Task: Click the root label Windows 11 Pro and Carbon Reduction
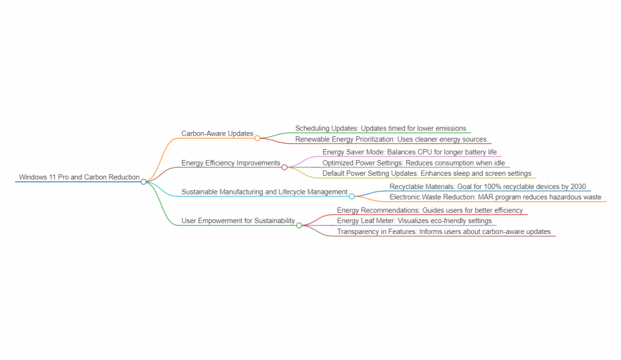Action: (x=79, y=177)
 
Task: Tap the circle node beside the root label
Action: (x=144, y=181)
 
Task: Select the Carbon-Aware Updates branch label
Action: (x=217, y=133)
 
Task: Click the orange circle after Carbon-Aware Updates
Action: (x=257, y=138)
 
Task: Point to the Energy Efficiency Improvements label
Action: (x=231, y=163)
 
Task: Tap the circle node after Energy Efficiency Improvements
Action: (x=284, y=167)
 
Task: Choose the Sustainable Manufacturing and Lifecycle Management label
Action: (x=264, y=192)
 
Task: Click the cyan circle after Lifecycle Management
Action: (x=352, y=196)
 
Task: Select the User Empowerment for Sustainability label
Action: (x=238, y=221)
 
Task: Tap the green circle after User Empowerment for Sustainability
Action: (x=299, y=225)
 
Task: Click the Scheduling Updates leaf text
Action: (x=381, y=128)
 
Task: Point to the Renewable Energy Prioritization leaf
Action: (x=391, y=139)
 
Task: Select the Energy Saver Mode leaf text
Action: (x=410, y=152)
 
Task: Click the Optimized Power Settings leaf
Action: (x=414, y=163)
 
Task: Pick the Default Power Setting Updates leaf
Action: (x=427, y=173)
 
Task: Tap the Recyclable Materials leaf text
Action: (x=488, y=187)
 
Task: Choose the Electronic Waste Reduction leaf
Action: (x=495, y=197)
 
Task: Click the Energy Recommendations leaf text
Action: (x=430, y=210)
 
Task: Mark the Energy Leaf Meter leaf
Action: (x=415, y=221)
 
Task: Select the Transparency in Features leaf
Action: (x=444, y=232)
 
